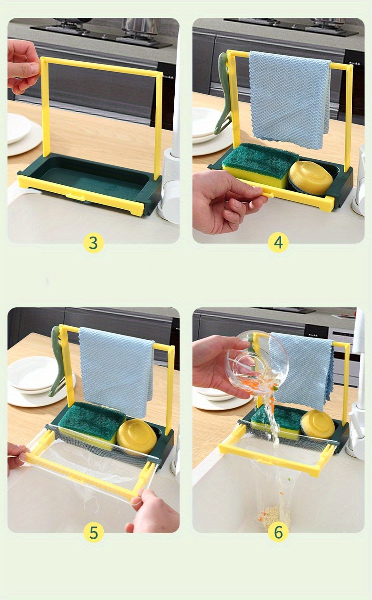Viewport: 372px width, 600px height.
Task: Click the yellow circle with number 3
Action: point(93,243)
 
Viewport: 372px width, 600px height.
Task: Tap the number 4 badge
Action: point(278,243)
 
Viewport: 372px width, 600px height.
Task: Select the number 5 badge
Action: point(93,532)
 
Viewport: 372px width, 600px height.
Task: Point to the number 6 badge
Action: point(278,532)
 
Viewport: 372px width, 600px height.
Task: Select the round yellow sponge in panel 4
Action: point(311,177)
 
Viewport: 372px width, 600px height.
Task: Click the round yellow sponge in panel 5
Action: point(137,436)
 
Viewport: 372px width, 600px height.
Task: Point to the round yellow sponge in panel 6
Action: point(318,423)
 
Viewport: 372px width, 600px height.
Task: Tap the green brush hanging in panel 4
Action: point(221,94)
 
